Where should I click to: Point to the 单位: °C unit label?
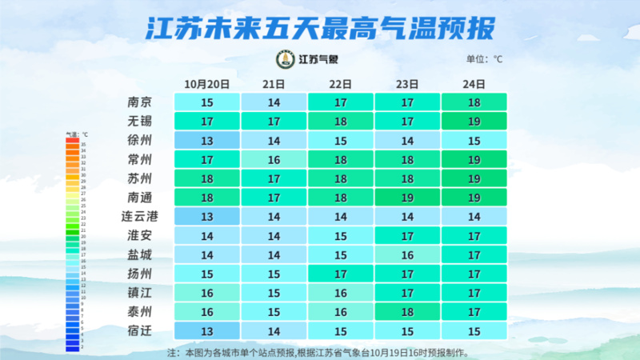point(484,59)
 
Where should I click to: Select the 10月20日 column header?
point(207,83)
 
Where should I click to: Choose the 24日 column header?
point(474,83)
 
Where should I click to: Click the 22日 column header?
point(341,83)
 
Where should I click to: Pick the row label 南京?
point(139,102)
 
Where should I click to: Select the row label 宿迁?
point(139,330)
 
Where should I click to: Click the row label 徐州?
point(139,140)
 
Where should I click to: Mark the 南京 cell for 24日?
point(474,102)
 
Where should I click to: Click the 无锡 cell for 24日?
point(474,122)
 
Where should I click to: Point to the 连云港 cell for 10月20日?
point(207,216)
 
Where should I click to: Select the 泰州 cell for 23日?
point(407,311)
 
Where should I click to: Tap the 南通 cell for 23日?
point(407,197)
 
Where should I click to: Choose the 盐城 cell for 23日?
point(407,254)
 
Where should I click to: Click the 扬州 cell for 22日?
point(341,274)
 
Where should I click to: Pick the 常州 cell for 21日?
point(274,159)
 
